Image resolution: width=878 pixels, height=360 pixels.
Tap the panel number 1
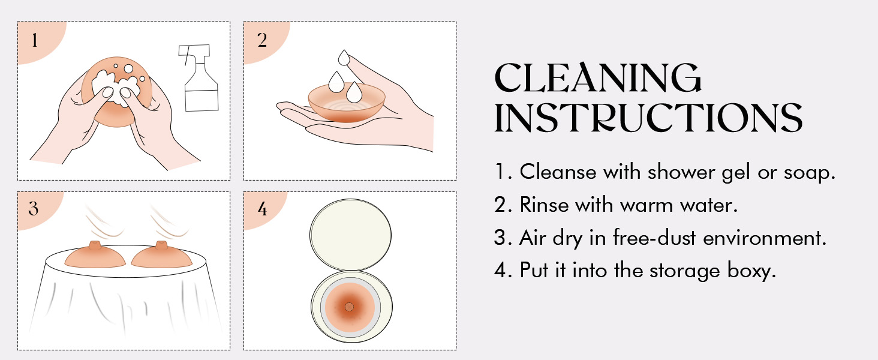point(35,40)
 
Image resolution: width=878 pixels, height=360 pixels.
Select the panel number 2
point(262,40)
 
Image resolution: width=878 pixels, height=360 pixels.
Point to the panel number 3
point(34,208)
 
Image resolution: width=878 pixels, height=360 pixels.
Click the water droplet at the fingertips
point(344,58)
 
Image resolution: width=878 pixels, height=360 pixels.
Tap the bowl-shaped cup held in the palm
point(347,103)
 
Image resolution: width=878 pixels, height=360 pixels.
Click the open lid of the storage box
point(350,235)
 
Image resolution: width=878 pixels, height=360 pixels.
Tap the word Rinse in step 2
point(545,205)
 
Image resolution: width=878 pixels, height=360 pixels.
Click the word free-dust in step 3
point(654,238)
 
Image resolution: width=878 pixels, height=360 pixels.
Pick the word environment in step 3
point(764,238)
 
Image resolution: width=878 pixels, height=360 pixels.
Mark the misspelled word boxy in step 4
point(751,271)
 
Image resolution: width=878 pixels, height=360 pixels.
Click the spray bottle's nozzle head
point(194,50)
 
